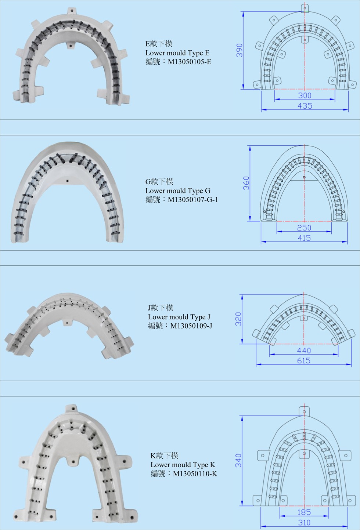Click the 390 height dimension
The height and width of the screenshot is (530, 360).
pyautogui.click(x=240, y=50)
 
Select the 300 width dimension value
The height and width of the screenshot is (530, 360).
pyautogui.click(x=305, y=95)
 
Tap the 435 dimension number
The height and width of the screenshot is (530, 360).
pyautogui.click(x=305, y=106)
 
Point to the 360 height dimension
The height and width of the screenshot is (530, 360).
pyautogui.click(x=246, y=183)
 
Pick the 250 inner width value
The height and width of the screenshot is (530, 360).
pyautogui.click(x=304, y=228)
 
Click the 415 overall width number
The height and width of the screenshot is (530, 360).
pyautogui.click(x=304, y=238)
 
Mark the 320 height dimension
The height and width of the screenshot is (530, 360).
pyautogui.click(x=238, y=319)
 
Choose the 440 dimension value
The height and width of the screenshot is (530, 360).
pyautogui.click(x=304, y=351)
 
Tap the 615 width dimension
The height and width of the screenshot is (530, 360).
pyautogui.click(x=304, y=360)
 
